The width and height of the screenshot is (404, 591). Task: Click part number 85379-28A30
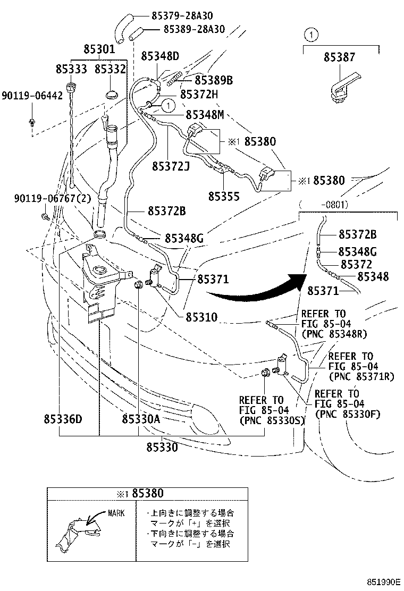click(x=182, y=16)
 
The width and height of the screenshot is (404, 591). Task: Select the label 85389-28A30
click(x=194, y=29)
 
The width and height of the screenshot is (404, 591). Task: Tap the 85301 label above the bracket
click(x=99, y=49)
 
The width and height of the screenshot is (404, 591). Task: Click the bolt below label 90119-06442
click(x=32, y=121)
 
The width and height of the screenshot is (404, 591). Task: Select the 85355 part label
click(x=224, y=196)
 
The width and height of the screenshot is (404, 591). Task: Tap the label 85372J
click(x=171, y=166)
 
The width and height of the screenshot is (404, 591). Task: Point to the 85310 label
click(x=201, y=317)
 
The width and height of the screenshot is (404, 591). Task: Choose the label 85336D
click(x=63, y=419)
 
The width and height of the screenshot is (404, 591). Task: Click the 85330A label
click(x=141, y=419)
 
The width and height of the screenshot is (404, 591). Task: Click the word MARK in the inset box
click(x=116, y=513)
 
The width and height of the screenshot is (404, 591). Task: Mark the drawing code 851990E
click(x=384, y=582)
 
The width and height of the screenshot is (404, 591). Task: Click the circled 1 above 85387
click(x=311, y=35)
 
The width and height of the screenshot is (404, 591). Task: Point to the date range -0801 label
click(x=334, y=205)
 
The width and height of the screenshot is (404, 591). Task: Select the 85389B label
click(x=214, y=80)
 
